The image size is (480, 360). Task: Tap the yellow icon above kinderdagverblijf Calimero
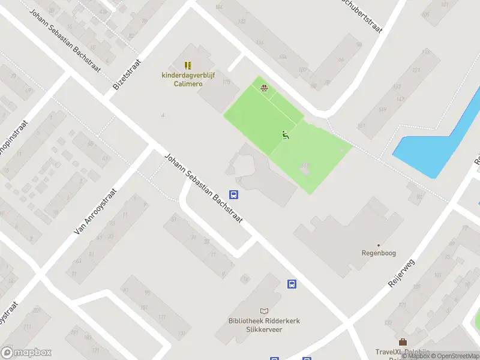[187, 65]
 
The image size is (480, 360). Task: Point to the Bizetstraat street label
[127, 75]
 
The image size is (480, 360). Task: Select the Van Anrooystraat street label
[95, 211]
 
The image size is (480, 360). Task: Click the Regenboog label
[378, 253]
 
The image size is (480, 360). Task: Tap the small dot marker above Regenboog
[378, 245]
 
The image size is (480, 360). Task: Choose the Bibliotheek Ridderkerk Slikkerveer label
[264, 325]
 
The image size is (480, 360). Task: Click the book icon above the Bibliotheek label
[264, 311]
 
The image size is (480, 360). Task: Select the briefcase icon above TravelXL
[403, 342]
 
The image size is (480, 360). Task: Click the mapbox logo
[26, 353]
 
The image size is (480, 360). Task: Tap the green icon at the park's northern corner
[263, 89]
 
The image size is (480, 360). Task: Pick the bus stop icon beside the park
[233, 194]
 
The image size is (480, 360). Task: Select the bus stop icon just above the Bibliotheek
[292, 284]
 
